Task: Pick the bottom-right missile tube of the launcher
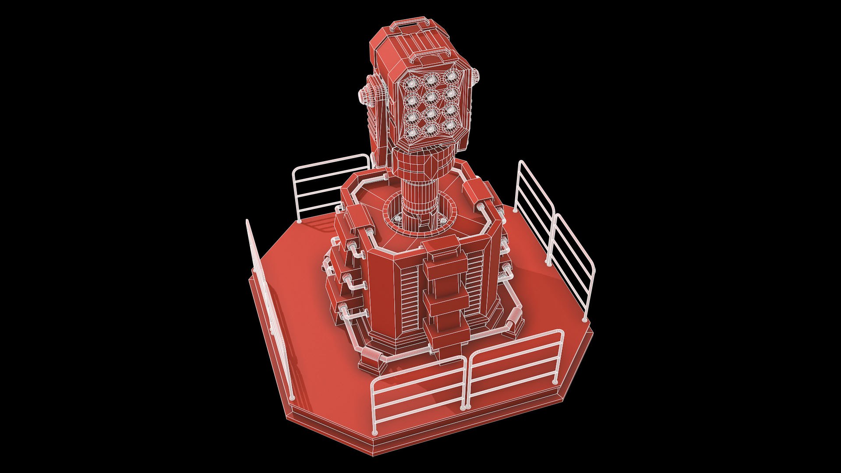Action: (x=450, y=126)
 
